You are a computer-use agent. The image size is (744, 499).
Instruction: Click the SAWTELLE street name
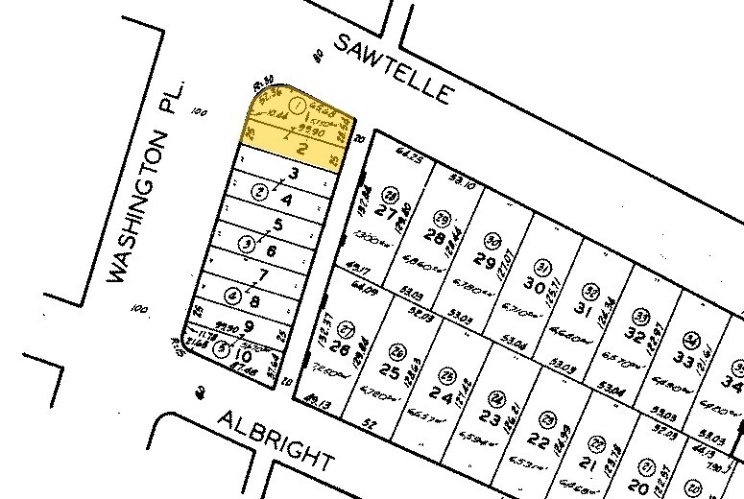click(394, 68)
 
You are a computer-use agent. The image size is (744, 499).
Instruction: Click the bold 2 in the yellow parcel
click(300, 149)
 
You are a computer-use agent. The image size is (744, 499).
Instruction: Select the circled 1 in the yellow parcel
click(298, 104)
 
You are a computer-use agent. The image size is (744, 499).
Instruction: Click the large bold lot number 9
click(248, 324)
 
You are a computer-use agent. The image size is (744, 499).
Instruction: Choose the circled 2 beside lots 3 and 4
click(257, 192)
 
